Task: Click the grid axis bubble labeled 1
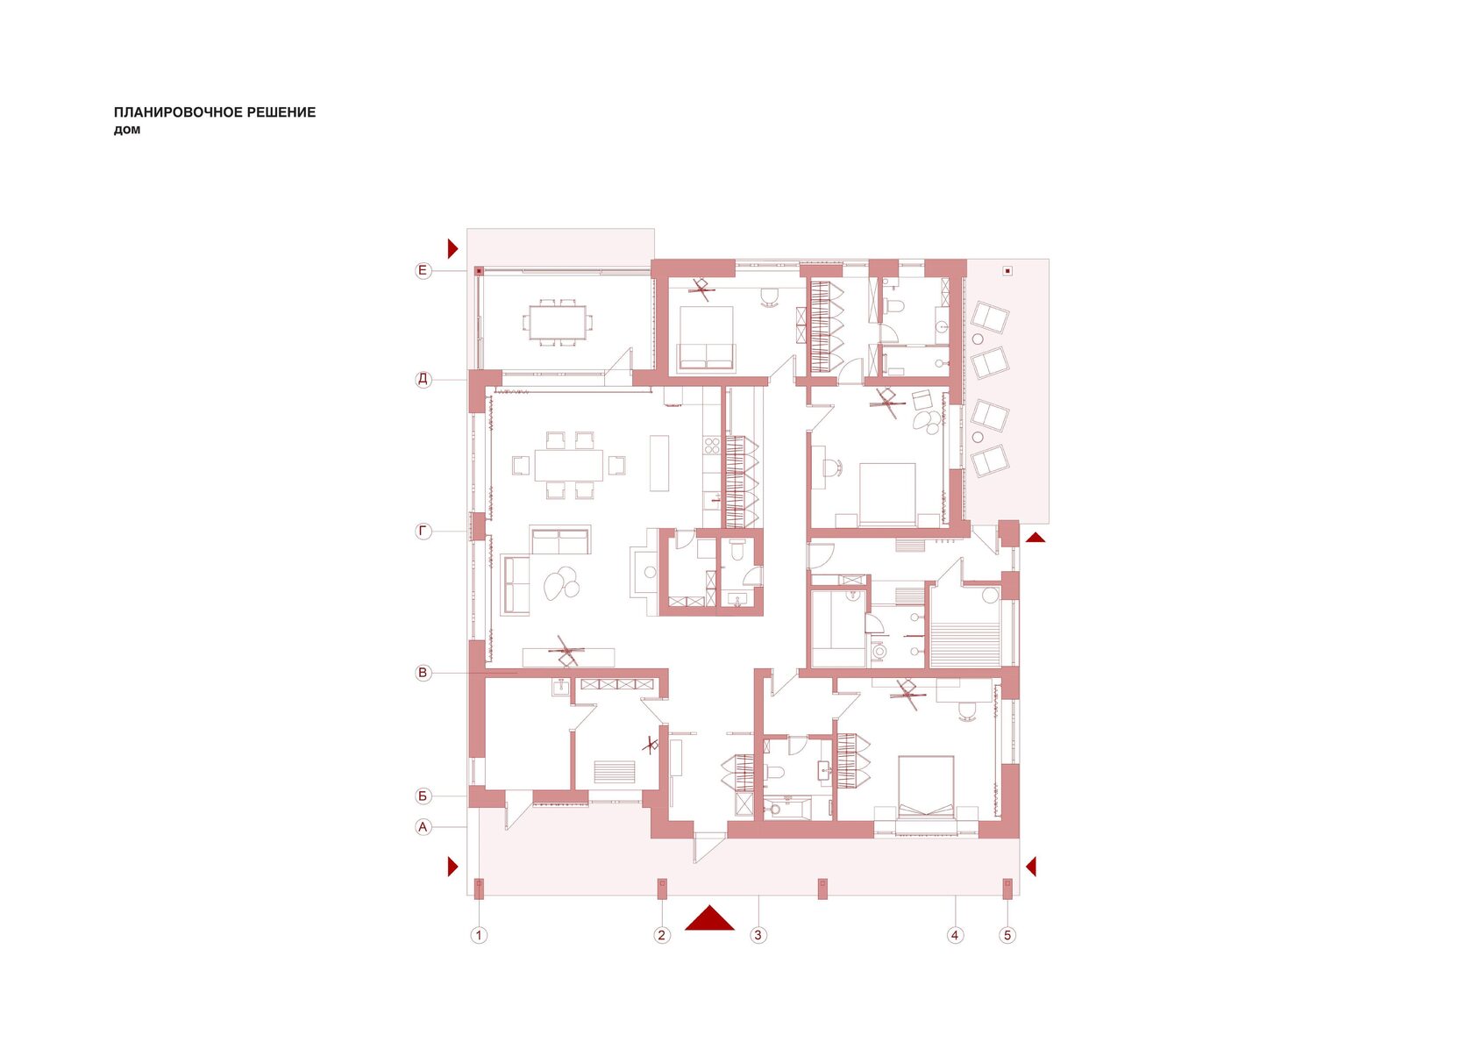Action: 479,935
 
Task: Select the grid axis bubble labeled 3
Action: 758,935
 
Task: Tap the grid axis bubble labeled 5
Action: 1007,935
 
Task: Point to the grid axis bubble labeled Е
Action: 423,270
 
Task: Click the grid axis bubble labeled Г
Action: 423,531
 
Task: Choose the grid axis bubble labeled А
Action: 423,827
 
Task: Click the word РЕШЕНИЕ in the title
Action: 281,112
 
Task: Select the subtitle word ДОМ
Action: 127,130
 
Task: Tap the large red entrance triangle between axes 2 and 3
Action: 708,918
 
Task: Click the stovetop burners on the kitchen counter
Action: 712,446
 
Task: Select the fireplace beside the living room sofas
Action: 644,572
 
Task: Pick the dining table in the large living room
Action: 568,465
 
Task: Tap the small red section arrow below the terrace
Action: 1035,538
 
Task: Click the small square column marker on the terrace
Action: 1007,271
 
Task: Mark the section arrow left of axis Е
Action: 453,248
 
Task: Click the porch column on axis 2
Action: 662,888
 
